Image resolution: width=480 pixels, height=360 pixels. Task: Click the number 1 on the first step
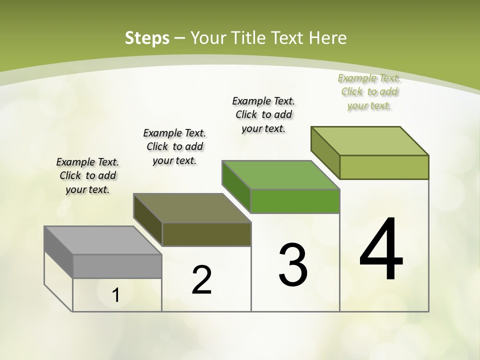[116, 295]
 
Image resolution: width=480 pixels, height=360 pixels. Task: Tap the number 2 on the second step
[201, 280]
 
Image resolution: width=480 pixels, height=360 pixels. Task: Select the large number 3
[293, 265]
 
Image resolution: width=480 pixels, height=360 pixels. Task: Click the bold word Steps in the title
[147, 38]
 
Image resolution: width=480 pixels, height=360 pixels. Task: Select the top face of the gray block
[103, 240]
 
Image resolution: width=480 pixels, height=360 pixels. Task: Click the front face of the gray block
[117, 266]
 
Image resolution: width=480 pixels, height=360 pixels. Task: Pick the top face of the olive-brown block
[192, 208]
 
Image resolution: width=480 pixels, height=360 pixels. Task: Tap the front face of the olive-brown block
[206, 234]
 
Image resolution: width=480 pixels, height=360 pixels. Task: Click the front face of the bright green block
[295, 201]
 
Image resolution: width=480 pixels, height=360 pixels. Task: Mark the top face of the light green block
[370, 141]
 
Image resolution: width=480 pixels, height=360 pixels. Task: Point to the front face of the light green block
[384, 167]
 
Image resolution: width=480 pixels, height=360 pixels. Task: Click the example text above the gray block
[88, 176]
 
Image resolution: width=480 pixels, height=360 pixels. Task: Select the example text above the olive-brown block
[174, 146]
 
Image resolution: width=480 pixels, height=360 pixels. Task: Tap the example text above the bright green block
[263, 114]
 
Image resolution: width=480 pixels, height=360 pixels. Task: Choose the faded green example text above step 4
[369, 91]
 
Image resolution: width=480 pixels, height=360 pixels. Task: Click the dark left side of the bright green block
[236, 186]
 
